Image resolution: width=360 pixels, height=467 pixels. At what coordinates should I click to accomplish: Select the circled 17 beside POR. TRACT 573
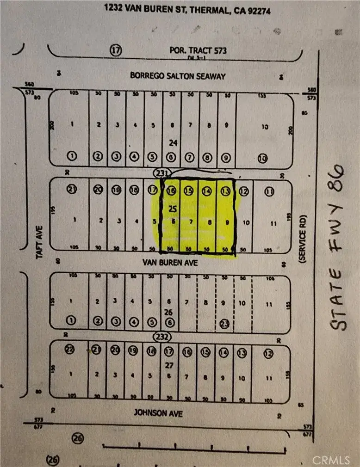[x=116, y=50]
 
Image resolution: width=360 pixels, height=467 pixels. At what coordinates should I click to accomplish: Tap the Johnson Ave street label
[x=159, y=413]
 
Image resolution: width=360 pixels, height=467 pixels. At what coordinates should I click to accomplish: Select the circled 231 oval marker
[x=162, y=172]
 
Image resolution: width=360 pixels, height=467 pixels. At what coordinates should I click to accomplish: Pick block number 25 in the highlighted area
[x=172, y=209]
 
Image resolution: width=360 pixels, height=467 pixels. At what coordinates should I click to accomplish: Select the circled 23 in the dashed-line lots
[x=224, y=324]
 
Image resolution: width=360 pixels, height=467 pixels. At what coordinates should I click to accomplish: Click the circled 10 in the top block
[x=262, y=159]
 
